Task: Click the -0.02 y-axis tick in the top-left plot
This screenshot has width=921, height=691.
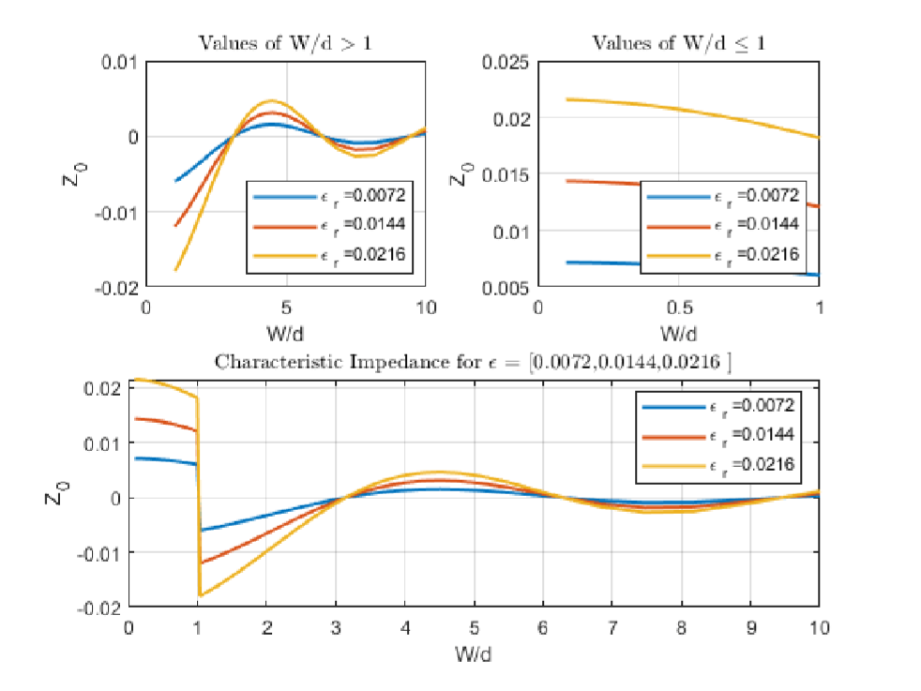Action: pyautogui.click(x=118, y=287)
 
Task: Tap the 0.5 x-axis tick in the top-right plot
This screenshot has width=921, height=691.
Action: pyautogui.click(x=678, y=308)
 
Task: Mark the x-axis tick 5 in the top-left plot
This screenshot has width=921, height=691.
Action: pyautogui.click(x=285, y=308)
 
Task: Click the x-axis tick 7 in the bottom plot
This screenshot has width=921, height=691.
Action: pyautogui.click(x=612, y=624)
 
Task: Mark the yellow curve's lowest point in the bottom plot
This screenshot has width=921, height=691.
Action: pyautogui.click(x=200, y=595)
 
